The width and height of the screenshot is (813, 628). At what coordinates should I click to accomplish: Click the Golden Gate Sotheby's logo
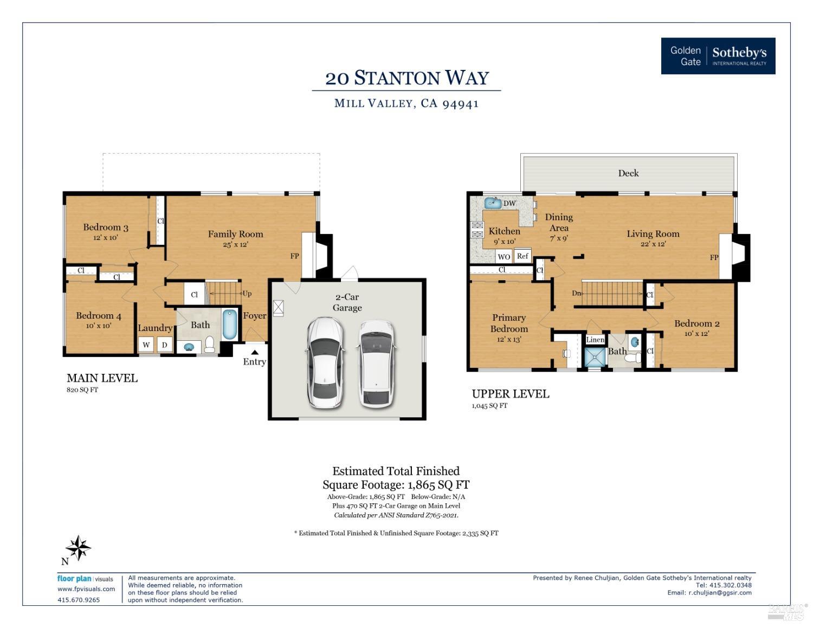pos(718,56)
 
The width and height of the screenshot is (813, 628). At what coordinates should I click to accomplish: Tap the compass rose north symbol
pos(78,548)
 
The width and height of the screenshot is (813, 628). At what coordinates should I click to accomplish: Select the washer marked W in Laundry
pos(146,345)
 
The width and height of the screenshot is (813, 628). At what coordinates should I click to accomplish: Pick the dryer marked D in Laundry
pos(164,345)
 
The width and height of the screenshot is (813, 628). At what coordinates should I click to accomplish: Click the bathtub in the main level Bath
pos(230,324)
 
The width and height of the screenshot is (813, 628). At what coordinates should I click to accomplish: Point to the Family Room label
pos(235,234)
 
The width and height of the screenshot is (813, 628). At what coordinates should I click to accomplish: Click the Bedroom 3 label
pos(106,227)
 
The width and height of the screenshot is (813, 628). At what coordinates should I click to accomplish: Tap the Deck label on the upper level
pos(628,173)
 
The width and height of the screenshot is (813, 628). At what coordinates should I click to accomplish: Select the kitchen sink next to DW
pos(493,203)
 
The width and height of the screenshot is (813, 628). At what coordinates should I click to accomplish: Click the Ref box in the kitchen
pos(522,256)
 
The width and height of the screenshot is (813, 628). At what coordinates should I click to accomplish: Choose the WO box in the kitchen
pos(504,257)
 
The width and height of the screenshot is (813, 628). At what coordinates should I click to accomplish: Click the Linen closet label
pos(595,340)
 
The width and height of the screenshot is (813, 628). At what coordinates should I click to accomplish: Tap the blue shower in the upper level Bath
pos(595,358)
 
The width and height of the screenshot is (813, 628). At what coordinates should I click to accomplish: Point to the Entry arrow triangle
pos(254,352)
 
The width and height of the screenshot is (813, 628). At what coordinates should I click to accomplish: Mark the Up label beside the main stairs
pos(247,294)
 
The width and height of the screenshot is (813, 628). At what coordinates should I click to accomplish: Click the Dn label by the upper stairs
pos(577,293)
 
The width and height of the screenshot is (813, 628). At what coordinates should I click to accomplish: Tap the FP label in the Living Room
pos(714,257)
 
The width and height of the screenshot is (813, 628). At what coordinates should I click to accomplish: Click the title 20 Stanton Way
pos(407,78)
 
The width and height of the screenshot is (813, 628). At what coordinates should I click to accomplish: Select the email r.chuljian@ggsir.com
pos(720,592)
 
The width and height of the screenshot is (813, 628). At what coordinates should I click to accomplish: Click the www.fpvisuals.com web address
pos(86,589)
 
